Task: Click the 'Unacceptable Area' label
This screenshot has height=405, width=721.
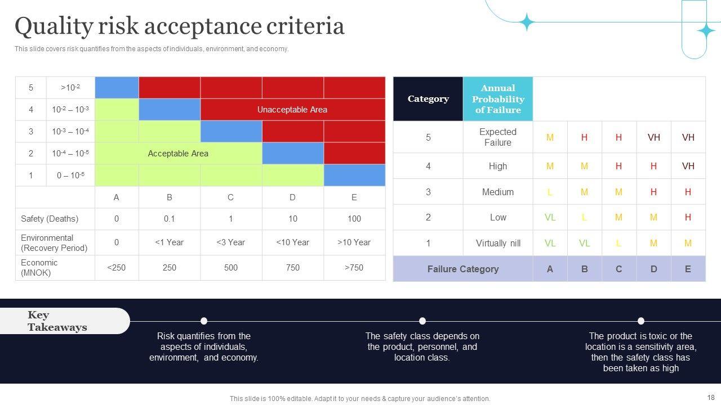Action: coord(292,110)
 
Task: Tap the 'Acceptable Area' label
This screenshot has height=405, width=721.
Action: coord(178,154)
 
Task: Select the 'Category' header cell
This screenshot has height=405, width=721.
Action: coord(428,99)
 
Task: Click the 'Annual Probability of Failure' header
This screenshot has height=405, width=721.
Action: coord(498,99)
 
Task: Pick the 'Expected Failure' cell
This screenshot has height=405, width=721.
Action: coord(498,137)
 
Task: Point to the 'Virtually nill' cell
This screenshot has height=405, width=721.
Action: coord(498,244)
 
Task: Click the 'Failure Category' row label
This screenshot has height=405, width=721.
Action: coord(463,269)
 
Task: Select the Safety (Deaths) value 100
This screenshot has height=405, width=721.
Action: coord(354,219)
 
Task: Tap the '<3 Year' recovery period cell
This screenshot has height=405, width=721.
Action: coord(231,242)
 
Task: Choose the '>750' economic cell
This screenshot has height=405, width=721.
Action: coord(354,268)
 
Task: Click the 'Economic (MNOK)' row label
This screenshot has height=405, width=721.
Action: coord(39,268)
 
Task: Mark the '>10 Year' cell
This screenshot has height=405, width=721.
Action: coord(354,242)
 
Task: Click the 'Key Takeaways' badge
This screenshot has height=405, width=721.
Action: coord(57,321)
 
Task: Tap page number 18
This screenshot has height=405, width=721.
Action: coord(710,398)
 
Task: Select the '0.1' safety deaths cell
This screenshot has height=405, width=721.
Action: coord(170,219)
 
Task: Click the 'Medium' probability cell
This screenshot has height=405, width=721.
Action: coord(498,192)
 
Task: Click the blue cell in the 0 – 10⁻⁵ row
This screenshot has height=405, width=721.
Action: coord(354,175)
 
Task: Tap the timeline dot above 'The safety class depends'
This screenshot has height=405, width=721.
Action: coord(422,321)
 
